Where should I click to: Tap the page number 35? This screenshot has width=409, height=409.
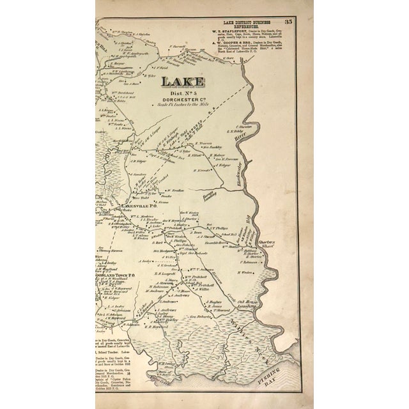tap(306, 7)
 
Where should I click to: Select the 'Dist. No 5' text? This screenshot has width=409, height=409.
tap(183, 96)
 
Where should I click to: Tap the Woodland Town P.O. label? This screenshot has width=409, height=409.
tap(115, 275)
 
